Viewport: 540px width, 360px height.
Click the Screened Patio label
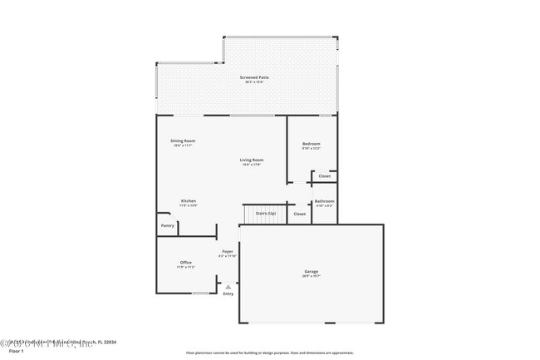(x=254, y=77)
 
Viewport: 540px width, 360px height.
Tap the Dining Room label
(x=183, y=141)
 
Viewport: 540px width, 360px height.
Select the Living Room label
(x=252, y=160)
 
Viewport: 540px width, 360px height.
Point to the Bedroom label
(x=312, y=144)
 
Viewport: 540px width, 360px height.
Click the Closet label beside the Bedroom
(x=324, y=176)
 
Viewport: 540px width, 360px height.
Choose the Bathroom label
(x=324, y=201)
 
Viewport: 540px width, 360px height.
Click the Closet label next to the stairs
(x=299, y=214)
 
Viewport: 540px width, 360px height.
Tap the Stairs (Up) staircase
(x=264, y=214)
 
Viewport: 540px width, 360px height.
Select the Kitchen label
(x=189, y=201)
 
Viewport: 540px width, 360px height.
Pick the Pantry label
(x=167, y=225)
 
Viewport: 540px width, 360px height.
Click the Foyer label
(x=227, y=251)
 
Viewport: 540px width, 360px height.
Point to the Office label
(x=185, y=263)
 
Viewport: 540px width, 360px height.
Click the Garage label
(x=311, y=272)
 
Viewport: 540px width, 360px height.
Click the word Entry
(x=228, y=293)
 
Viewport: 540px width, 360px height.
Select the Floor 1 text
(x=16, y=351)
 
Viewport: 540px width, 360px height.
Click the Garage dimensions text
(x=311, y=277)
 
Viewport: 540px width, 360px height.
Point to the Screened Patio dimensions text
(x=254, y=82)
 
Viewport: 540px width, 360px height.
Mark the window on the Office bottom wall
(x=200, y=293)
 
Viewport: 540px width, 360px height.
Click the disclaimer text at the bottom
(x=270, y=353)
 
